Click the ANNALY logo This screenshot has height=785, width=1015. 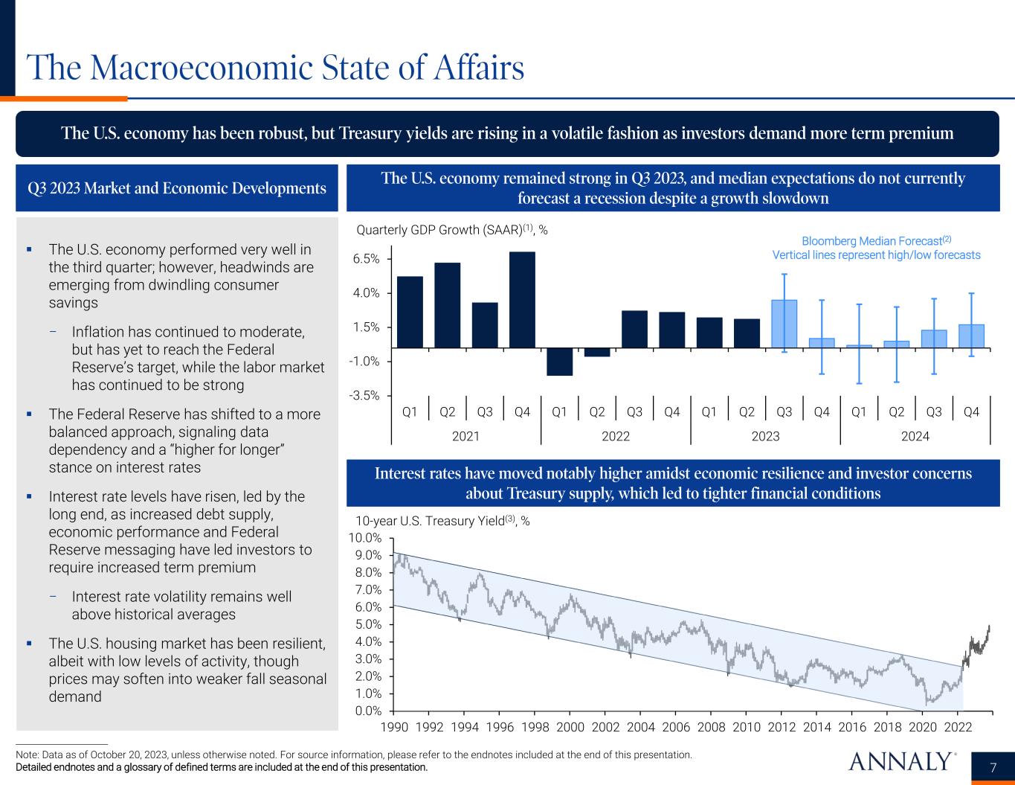(x=900, y=762)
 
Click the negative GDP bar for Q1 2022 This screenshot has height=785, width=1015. (x=559, y=362)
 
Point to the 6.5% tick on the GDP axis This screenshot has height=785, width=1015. (x=365, y=259)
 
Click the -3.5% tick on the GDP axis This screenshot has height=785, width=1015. (x=364, y=396)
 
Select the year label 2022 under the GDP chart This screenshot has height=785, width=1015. (x=616, y=436)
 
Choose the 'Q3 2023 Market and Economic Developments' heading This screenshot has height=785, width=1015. (x=177, y=188)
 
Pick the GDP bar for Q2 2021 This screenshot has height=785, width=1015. (x=448, y=305)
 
